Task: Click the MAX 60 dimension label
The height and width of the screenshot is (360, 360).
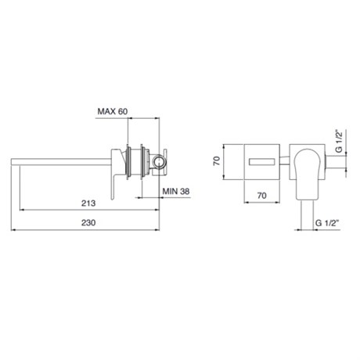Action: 113,111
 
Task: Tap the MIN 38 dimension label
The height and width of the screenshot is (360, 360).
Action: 176,191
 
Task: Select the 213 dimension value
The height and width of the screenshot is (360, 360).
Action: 88,203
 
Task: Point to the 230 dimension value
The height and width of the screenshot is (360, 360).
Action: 88,223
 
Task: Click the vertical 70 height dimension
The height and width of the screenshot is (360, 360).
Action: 217,160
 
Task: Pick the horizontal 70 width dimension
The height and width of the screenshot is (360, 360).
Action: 261,196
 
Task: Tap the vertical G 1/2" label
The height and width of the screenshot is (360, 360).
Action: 339,141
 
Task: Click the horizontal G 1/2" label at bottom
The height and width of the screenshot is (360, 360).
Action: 327,223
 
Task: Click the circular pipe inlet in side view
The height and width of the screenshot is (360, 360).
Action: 158,161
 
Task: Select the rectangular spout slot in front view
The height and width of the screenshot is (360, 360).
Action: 261,162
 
